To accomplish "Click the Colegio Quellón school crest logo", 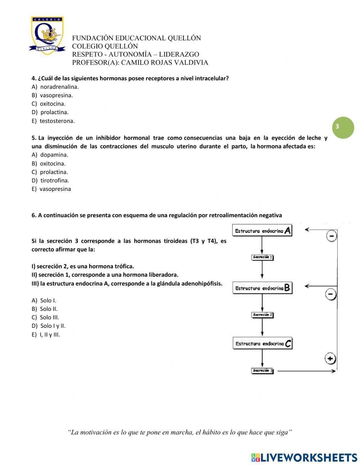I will point(47,35).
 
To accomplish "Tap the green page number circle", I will point(343,127).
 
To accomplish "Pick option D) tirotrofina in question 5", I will point(50,180).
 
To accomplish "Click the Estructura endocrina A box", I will point(262,231).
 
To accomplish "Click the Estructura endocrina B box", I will point(262,288).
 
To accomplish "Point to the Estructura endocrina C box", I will point(262,343).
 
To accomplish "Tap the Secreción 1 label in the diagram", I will point(262,257).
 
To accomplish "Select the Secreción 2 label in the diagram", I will point(262,315).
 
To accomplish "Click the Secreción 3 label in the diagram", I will point(262,371).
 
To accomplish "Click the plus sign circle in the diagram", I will point(330,359).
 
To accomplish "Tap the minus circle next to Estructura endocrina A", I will point(332,236).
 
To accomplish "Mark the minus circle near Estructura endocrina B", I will point(331,294).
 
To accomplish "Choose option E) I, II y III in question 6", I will point(46,335).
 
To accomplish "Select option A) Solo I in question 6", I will point(44,300).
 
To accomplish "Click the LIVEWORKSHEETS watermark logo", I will point(304,457).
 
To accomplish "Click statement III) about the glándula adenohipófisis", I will point(127,283).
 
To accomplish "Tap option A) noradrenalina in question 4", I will point(55,87).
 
